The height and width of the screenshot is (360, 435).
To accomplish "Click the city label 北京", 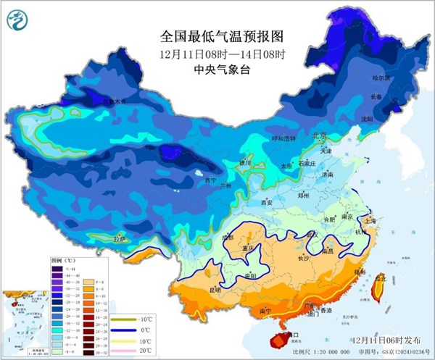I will click(320, 135).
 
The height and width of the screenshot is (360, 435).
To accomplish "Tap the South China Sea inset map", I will click(24, 315).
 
